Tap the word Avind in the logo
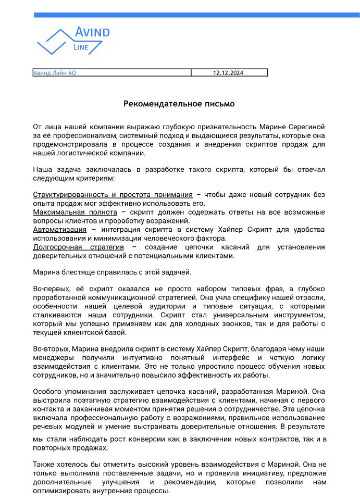93,32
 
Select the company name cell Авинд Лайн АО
55,73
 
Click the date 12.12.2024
229,73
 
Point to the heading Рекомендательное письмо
179,104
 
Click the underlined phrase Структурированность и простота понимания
113,195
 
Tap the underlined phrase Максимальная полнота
75,213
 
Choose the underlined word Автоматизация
59,230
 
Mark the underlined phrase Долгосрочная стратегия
78,247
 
